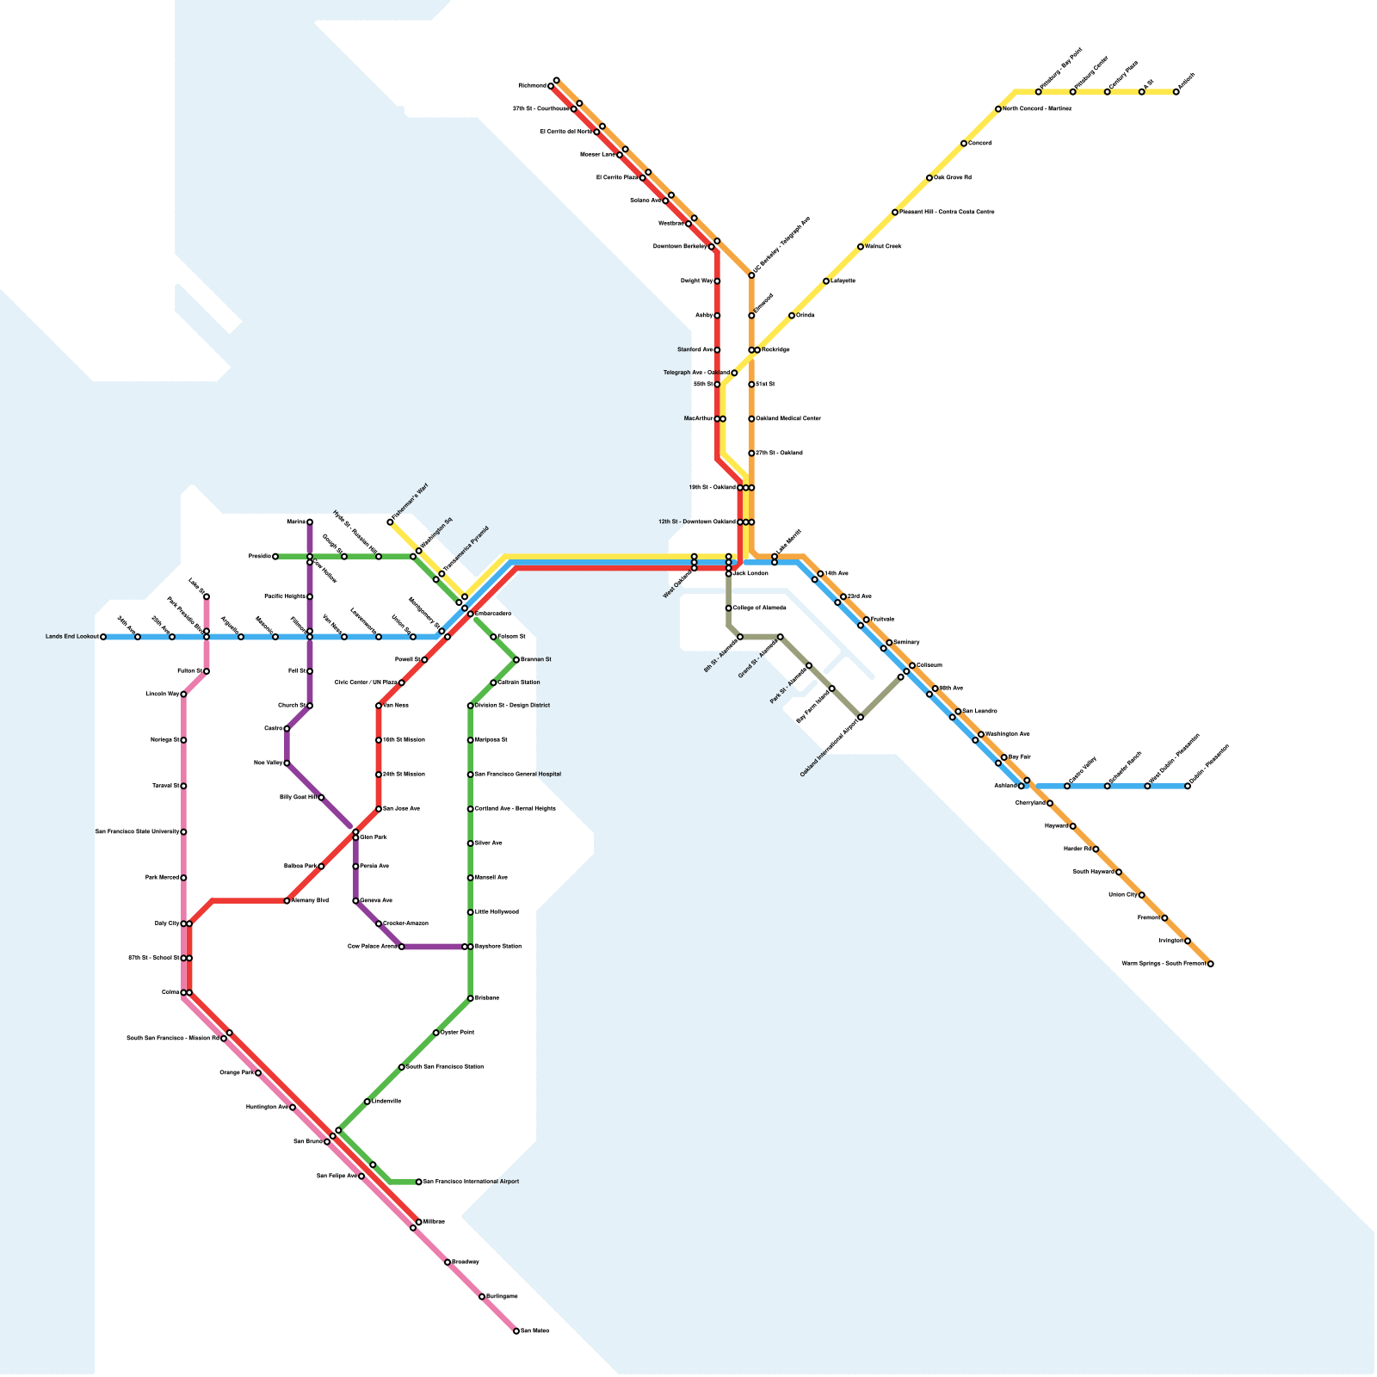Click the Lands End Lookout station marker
[103, 637]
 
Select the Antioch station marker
[1176, 92]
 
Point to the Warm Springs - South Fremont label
[1164, 964]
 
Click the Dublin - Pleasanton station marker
[1188, 786]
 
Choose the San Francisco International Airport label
[472, 1182]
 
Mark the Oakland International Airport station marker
[861, 717]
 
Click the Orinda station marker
[792, 316]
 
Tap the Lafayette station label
[843, 281]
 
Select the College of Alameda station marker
[729, 608]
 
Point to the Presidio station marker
[275, 557]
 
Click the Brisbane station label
[487, 998]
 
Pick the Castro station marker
[287, 729]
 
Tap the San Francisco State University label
[137, 832]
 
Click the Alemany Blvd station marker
[287, 901]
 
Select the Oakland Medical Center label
[788, 419]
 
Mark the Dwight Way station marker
[717, 281]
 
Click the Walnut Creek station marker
[861, 247]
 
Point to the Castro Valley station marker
[1067, 786]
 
